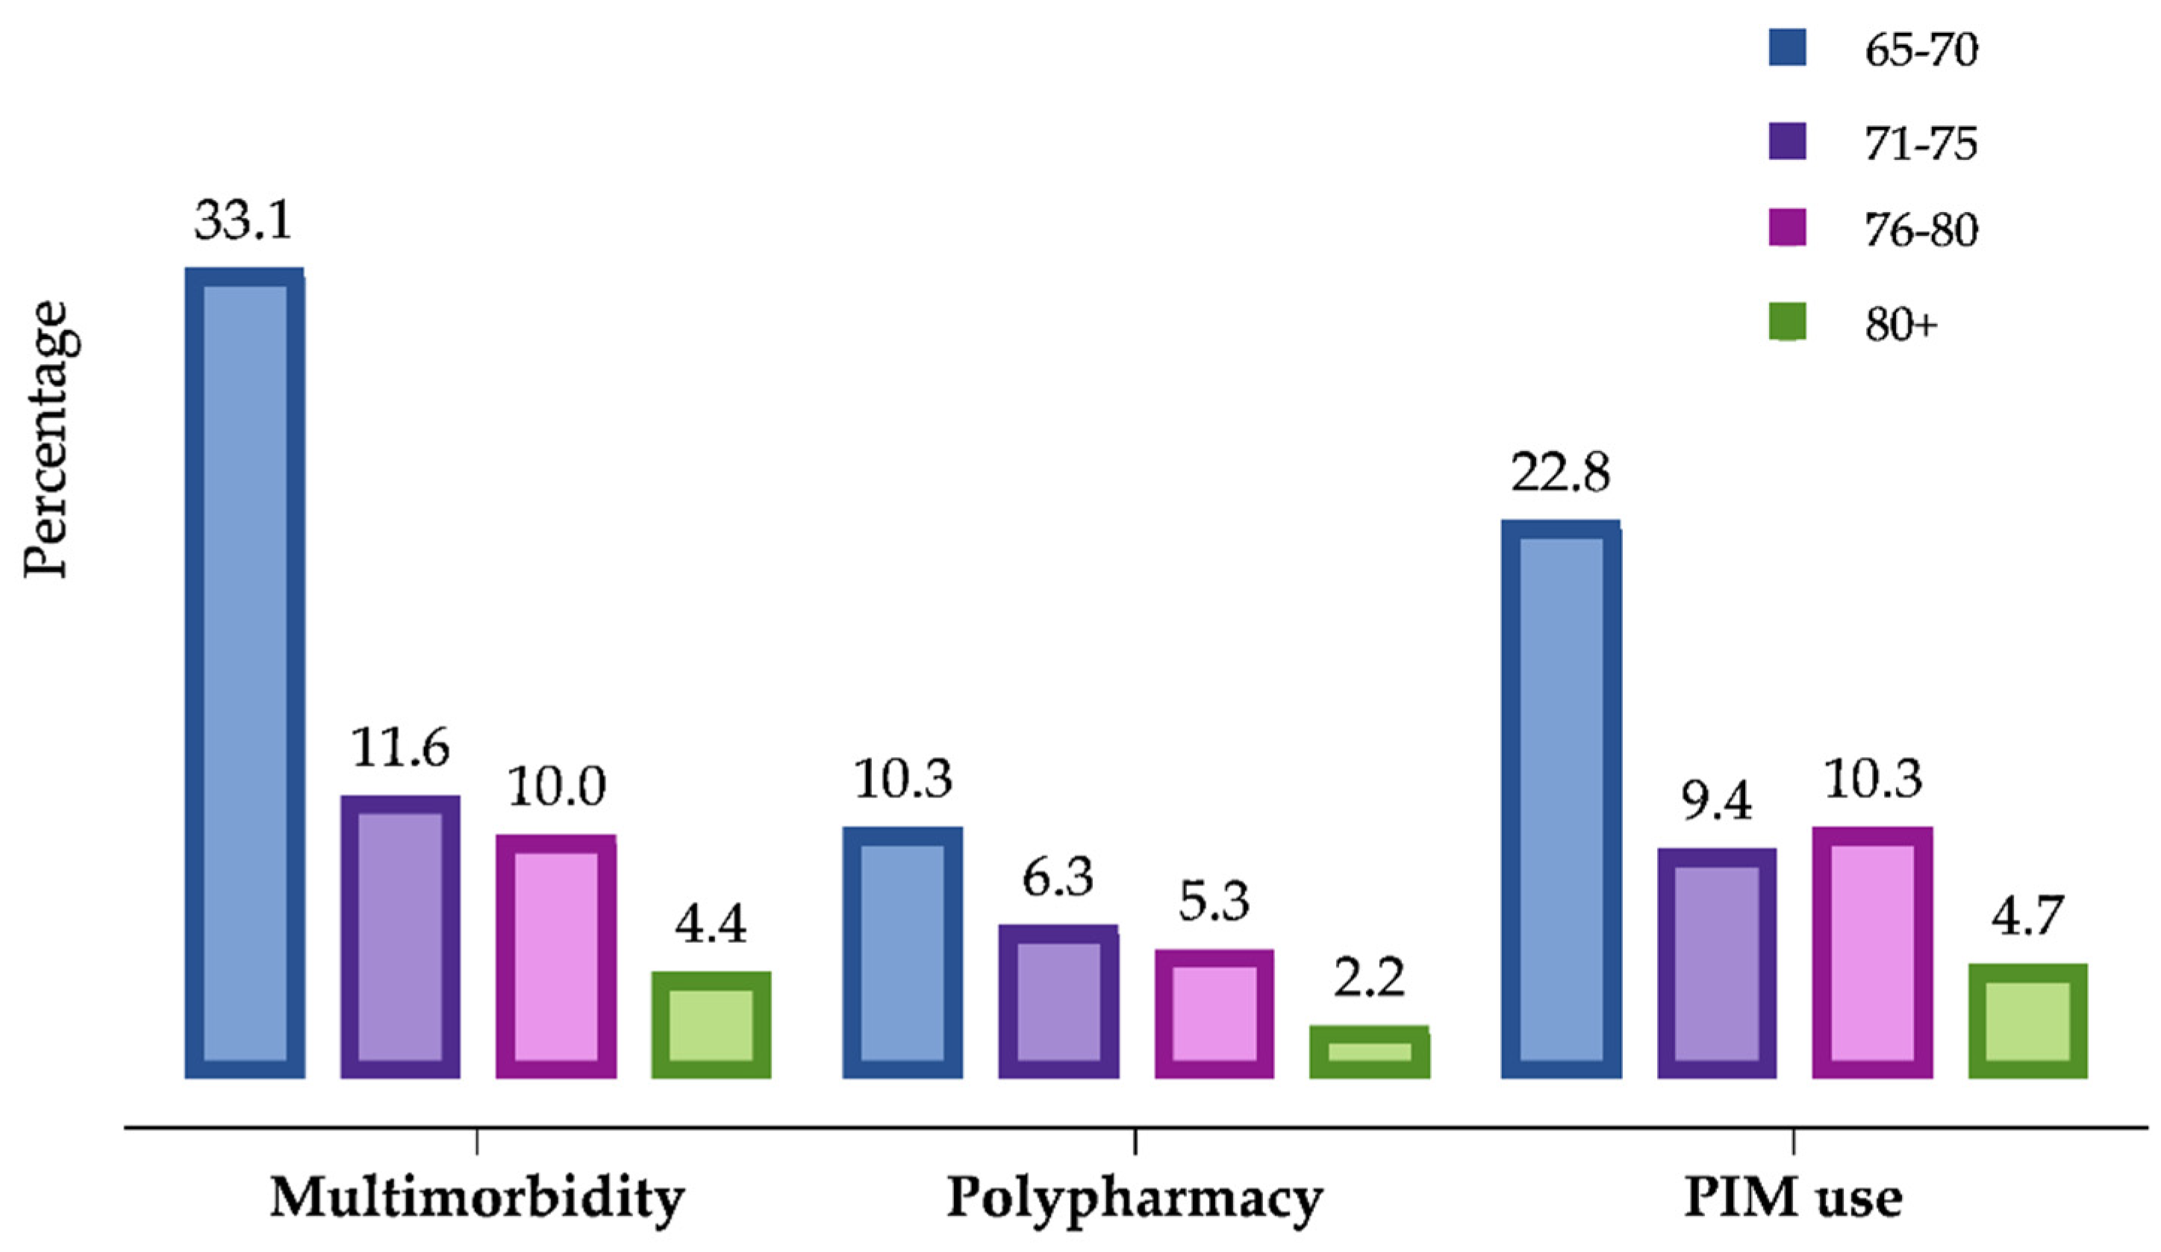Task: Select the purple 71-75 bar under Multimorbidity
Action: [x=400, y=936]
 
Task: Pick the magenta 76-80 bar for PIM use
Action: [x=1872, y=952]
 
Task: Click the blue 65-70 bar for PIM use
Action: [x=1561, y=800]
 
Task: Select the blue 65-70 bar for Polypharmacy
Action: [x=902, y=952]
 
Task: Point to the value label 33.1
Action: [x=243, y=220]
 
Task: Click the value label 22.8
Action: [x=1560, y=473]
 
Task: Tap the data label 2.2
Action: [x=1370, y=979]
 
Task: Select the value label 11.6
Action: [x=399, y=749]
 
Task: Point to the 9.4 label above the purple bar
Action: [x=1716, y=802]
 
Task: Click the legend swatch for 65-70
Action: [x=1787, y=48]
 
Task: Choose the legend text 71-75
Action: [x=1921, y=143]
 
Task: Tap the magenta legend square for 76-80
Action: [x=1787, y=228]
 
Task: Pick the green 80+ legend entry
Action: [x=1787, y=323]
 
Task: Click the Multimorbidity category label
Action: [x=477, y=1198]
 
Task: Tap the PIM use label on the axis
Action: [x=1793, y=1198]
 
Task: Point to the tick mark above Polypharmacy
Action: [x=1135, y=1142]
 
